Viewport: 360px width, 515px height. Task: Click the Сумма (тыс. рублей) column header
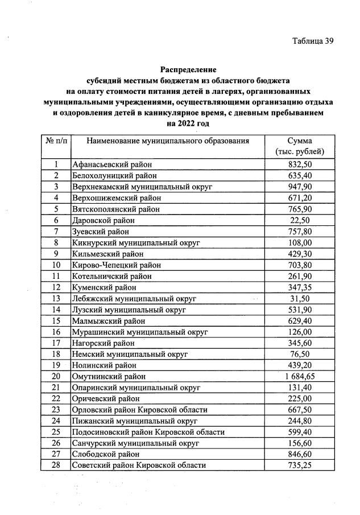pos(300,146)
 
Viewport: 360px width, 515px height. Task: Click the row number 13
pos(56,298)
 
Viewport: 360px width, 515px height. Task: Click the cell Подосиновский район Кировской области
pos(148,432)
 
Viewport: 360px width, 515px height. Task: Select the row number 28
pos(56,465)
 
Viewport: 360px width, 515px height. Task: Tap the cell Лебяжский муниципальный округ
pos(134,298)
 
